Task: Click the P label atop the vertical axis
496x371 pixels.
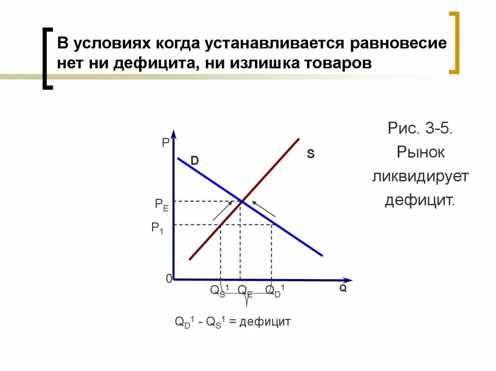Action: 166,143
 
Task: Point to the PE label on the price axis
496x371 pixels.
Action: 162,204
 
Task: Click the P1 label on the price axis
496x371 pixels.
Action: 157,228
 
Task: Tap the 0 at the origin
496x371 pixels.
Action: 169,279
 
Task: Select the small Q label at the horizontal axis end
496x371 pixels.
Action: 342,288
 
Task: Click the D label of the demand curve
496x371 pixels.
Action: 194,161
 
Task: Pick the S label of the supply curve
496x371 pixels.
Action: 310,154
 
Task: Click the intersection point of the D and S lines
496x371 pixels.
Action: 241,201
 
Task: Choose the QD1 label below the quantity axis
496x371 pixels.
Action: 275,290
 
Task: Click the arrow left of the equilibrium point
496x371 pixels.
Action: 221,212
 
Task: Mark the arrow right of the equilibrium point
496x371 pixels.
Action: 264,208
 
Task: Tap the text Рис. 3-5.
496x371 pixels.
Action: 420,129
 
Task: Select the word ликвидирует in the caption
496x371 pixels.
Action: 420,176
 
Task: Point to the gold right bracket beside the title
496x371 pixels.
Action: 454,44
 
